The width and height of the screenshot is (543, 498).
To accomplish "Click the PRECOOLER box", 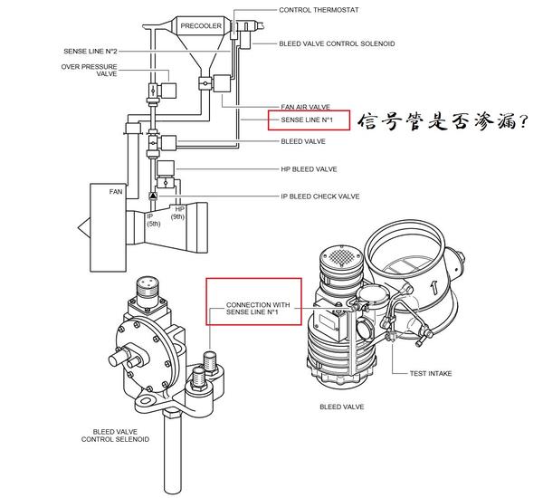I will click(x=201, y=26).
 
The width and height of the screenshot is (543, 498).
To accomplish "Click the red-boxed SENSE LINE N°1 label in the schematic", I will click(x=308, y=120).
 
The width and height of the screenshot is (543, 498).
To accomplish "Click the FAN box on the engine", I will click(x=115, y=192).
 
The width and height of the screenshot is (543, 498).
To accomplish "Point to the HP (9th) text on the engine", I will click(x=179, y=214).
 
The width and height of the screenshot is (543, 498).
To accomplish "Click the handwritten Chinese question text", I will click(x=442, y=121).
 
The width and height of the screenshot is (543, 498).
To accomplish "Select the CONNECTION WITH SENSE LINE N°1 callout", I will click(x=257, y=310).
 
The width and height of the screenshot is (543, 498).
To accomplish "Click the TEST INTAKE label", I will click(x=430, y=372).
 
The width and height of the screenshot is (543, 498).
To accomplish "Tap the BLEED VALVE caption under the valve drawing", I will click(x=341, y=407).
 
